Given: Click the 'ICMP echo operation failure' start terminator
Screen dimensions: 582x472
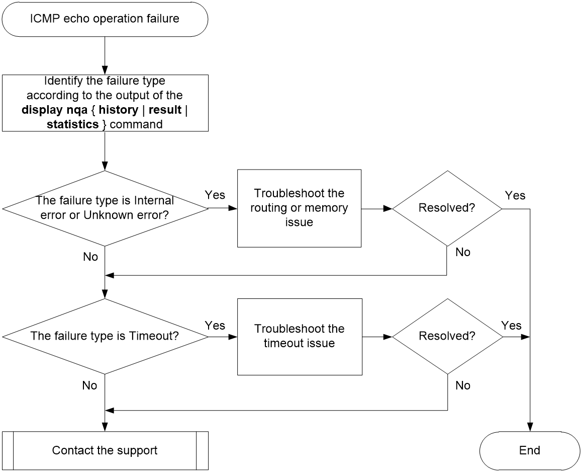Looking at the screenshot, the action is point(105,19).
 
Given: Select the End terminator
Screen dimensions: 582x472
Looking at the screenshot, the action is point(530,451).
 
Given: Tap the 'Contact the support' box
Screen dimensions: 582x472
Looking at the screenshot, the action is point(105,451).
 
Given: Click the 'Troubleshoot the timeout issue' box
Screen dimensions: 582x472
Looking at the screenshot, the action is point(300,337).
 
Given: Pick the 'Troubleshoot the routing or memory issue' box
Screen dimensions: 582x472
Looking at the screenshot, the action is point(299,208).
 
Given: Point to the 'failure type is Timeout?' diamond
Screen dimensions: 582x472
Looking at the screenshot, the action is point(105,336).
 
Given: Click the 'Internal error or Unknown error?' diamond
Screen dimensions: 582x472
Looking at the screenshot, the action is point(105,208).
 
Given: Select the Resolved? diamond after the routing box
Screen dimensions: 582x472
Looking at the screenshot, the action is point(447,208).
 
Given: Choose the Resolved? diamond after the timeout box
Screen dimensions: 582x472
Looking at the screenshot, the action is point(448,336).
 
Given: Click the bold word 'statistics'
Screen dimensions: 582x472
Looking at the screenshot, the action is point(73,124).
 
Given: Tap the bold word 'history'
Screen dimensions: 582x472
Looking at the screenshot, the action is point(119,110).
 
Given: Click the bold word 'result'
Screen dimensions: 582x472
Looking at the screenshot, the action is point(165,110).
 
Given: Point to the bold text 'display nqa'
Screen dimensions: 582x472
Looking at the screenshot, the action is point(55,110).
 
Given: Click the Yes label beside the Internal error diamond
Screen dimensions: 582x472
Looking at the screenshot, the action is point(215,195).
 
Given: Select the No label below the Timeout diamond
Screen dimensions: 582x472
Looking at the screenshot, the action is point(90,385).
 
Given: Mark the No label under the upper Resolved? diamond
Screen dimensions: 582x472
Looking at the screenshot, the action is point(463,252).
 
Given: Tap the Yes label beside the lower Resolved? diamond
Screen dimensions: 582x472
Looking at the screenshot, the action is point(511,326).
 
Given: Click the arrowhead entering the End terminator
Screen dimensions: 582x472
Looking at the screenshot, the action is point(530,428).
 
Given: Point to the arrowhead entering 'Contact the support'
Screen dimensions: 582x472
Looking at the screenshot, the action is point(105,428).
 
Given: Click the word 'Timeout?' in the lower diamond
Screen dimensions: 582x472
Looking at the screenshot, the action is point(154,336).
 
